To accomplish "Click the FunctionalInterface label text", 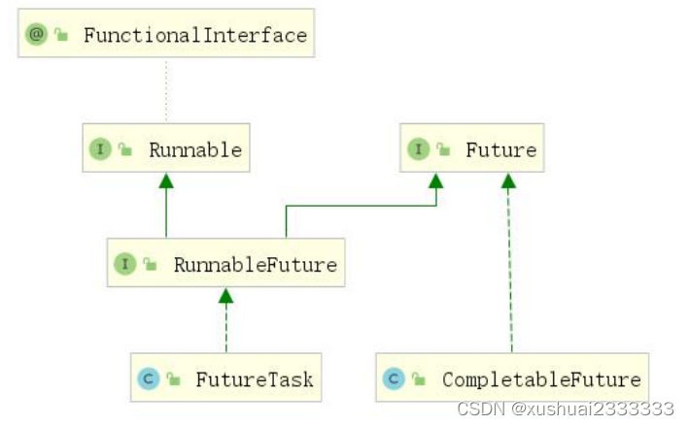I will [194, 36].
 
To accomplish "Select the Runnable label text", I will [194, 149].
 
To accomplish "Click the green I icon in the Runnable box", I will [100, 149].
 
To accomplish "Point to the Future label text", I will [500, 149].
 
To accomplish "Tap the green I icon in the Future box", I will [418, 149].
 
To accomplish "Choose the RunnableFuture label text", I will [255, 264].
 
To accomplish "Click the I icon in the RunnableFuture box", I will [125, 264].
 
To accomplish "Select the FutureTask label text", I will [255, 378].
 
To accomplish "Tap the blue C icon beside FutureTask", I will [149, 378].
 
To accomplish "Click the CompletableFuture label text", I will [541, 378].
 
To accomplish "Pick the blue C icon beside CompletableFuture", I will [395, 378].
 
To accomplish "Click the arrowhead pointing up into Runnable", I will [166, 180].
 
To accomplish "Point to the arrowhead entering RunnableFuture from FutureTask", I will [225, 295].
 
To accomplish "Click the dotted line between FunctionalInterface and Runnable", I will [166, 92].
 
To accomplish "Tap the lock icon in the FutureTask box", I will [173, 379].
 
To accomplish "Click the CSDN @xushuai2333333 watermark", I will [566, 409].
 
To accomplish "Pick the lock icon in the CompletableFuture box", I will [419, 379].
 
